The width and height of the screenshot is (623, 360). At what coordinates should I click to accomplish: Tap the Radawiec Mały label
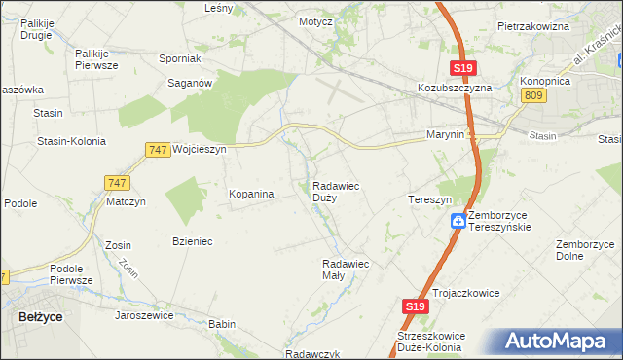point(345,270)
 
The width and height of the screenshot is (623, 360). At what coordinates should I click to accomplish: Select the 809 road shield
point(532,94)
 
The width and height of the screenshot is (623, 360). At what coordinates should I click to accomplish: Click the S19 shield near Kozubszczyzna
point(462,67)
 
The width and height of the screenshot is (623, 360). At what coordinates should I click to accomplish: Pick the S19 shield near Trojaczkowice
point(415,306)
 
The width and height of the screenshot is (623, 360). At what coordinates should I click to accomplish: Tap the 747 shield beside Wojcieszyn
point(158,149)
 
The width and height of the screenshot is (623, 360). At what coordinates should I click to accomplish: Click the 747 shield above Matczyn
point(117,183)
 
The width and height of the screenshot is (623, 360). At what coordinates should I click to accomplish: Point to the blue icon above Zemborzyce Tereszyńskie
point(458,221)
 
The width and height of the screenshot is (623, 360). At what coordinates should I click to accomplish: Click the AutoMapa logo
point(559,342)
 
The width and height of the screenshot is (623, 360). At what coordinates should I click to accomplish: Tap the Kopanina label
point(251,194)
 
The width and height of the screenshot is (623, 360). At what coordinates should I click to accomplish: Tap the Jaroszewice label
point(143,315)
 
